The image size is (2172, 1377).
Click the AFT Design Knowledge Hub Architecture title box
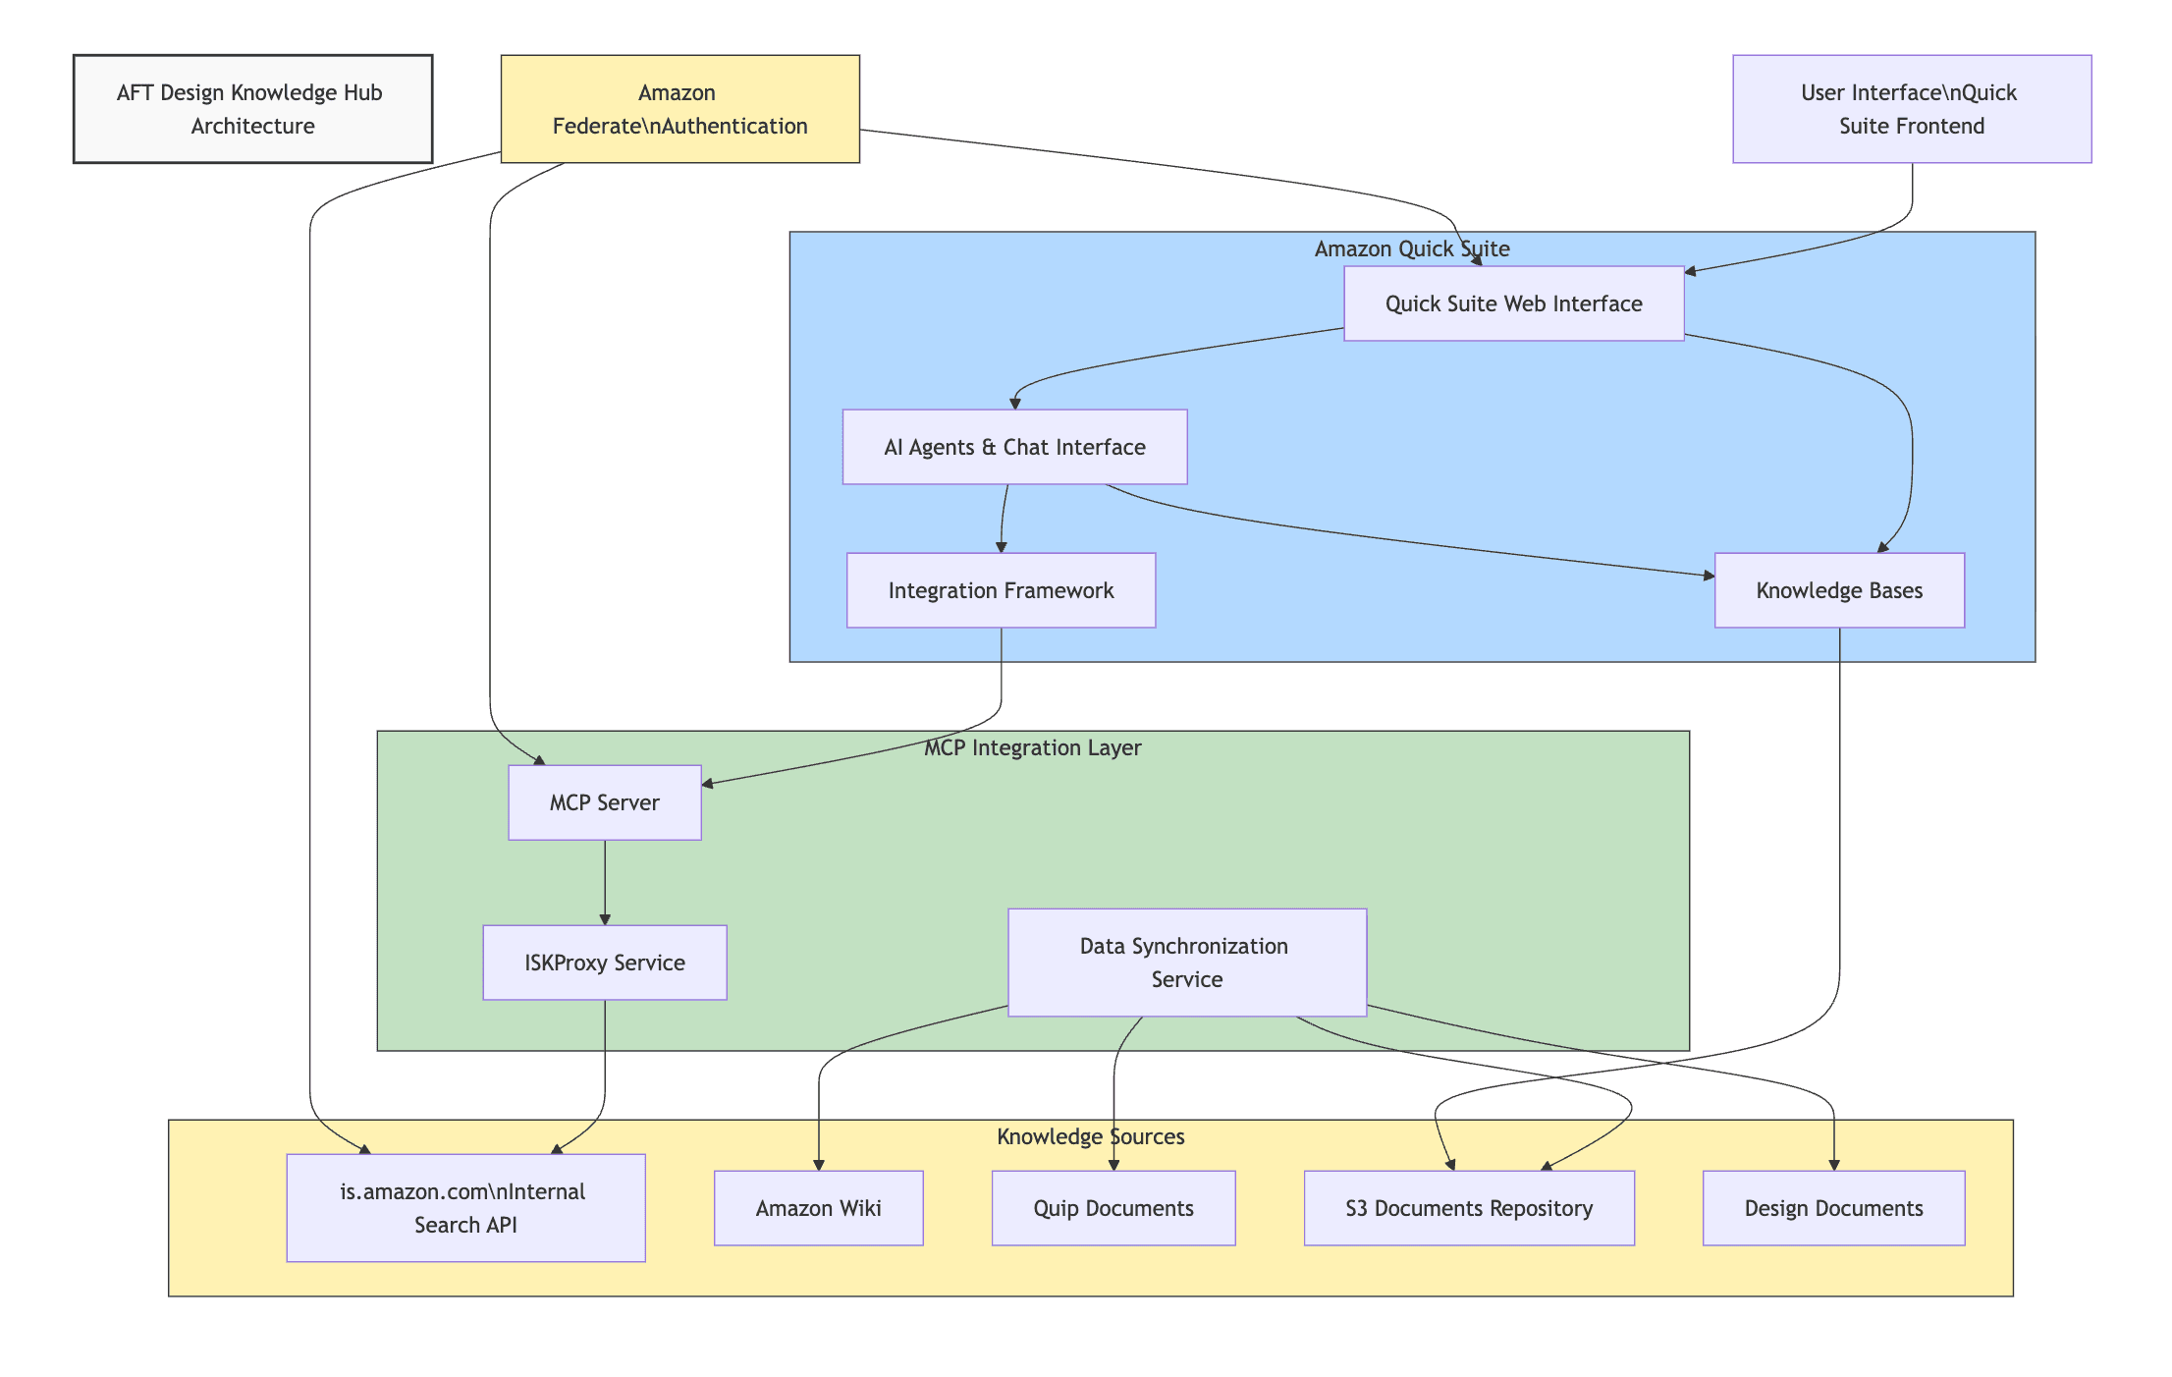[252, 109]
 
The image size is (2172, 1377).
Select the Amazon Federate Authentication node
[679, 109]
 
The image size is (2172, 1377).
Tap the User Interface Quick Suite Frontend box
[1911, 109]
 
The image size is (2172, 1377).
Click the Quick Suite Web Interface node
[1513, 303]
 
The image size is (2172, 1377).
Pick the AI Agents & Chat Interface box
[1014, 447]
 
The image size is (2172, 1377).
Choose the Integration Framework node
[1001, 590]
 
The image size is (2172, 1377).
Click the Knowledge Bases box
[1838, 590]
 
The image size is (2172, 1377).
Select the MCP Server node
[604, 802]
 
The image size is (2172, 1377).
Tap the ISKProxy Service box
[604, 963]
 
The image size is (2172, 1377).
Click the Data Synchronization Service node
[1186, 963]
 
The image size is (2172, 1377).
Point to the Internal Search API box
[465, 1208]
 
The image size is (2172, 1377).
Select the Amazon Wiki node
[818, 1208]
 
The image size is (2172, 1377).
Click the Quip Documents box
[1113, 1208]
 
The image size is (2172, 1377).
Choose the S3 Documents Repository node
[1468, 1208]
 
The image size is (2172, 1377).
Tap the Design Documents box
[1833, 1208]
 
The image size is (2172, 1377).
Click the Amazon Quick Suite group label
[1411, 248]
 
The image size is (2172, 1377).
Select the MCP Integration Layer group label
[1032, 747]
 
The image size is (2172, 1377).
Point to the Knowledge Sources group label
[1090, 1136]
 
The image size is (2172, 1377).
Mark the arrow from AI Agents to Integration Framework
[1004, 519]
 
